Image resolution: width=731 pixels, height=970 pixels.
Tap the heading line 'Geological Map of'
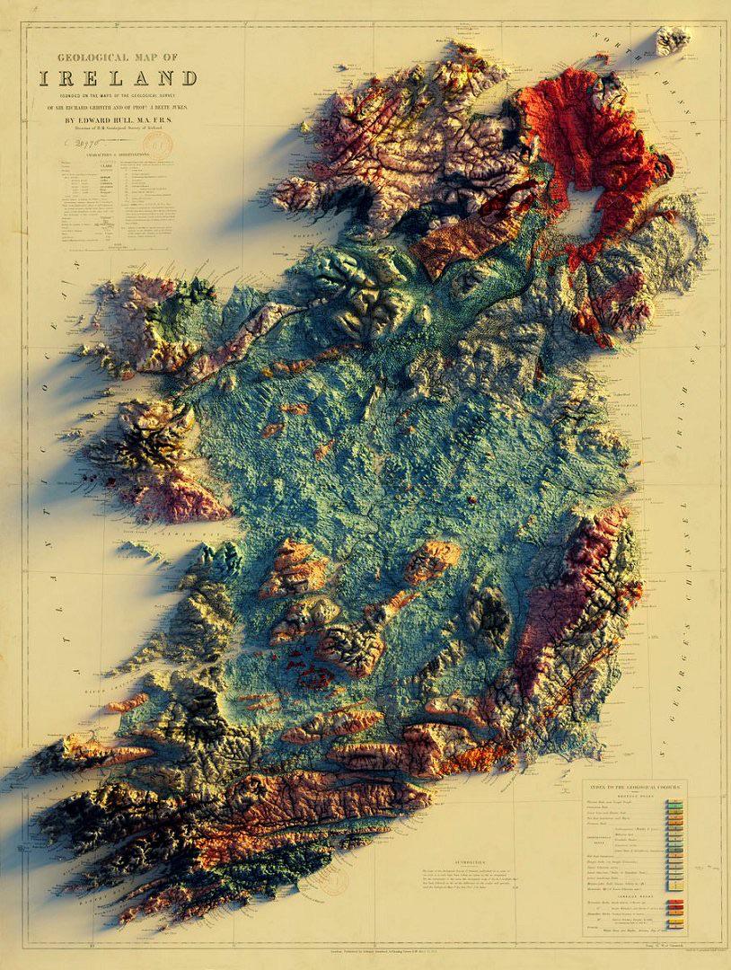pyautogui.click(x=118, y=57)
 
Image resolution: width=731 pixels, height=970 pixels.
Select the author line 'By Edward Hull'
pyautogui.click(x=118, y=117)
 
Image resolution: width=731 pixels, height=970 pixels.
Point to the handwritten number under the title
pyautogui.click(x=85, y=142)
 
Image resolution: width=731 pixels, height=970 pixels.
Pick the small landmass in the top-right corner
pyautogui.click(x=672, y=40)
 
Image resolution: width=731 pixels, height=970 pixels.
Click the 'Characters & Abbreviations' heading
pyautogui.click(x=114, y=157)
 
